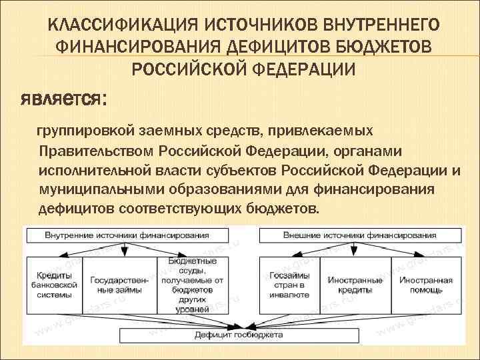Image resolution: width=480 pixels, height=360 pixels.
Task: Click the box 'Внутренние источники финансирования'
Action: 127,235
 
